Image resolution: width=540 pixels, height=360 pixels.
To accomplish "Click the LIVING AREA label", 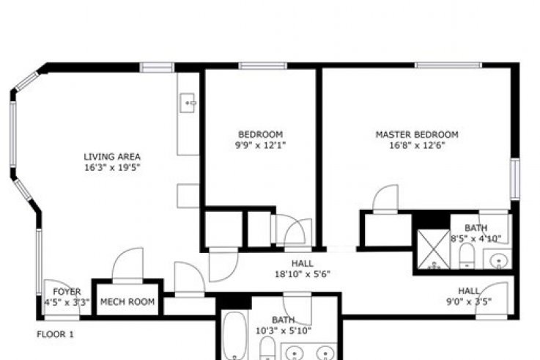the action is pyautogui.click(x=112, y=157).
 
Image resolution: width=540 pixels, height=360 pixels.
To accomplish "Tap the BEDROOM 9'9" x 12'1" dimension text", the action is pyautogui.click(x=260, y=145).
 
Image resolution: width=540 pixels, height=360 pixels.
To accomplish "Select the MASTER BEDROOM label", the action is pyautogui.click(x=417, y=134).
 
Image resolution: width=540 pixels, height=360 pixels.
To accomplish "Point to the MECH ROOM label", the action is pyautogui.click(x=127, y=302).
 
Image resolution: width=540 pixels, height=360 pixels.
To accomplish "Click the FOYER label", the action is pyautogui.click(x=67, y=292).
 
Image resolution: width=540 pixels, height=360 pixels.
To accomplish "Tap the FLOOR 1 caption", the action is pyautogui.click(x=55, y=334).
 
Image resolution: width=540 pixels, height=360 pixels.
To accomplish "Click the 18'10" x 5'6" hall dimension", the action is pyautogui.click(x=303, y=274).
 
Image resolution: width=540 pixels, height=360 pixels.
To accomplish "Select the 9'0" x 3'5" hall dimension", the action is pyautogui.click(x=469, y=302).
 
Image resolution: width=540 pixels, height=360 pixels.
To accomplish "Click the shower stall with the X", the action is pyautogui.click(x=434, y=249).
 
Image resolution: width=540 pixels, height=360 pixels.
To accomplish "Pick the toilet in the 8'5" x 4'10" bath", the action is pyautogui.click(x=467, y=256).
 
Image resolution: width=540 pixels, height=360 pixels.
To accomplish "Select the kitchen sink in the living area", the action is pyautogui.click(x=188, y=103).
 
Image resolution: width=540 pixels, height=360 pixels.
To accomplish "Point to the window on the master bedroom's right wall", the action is pyautogui.click(x=515, y=179).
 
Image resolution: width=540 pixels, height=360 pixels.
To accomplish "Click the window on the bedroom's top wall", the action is pyautogui.click(x=263, y=66).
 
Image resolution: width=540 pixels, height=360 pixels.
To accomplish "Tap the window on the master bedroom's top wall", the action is pyautogui.click(x=448, y=65).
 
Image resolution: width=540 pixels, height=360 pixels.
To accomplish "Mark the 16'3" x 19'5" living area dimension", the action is pyautogui.click(x=113, y=168).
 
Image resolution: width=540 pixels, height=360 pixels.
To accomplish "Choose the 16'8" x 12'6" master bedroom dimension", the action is pyautogui.click(x=417, y=145).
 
